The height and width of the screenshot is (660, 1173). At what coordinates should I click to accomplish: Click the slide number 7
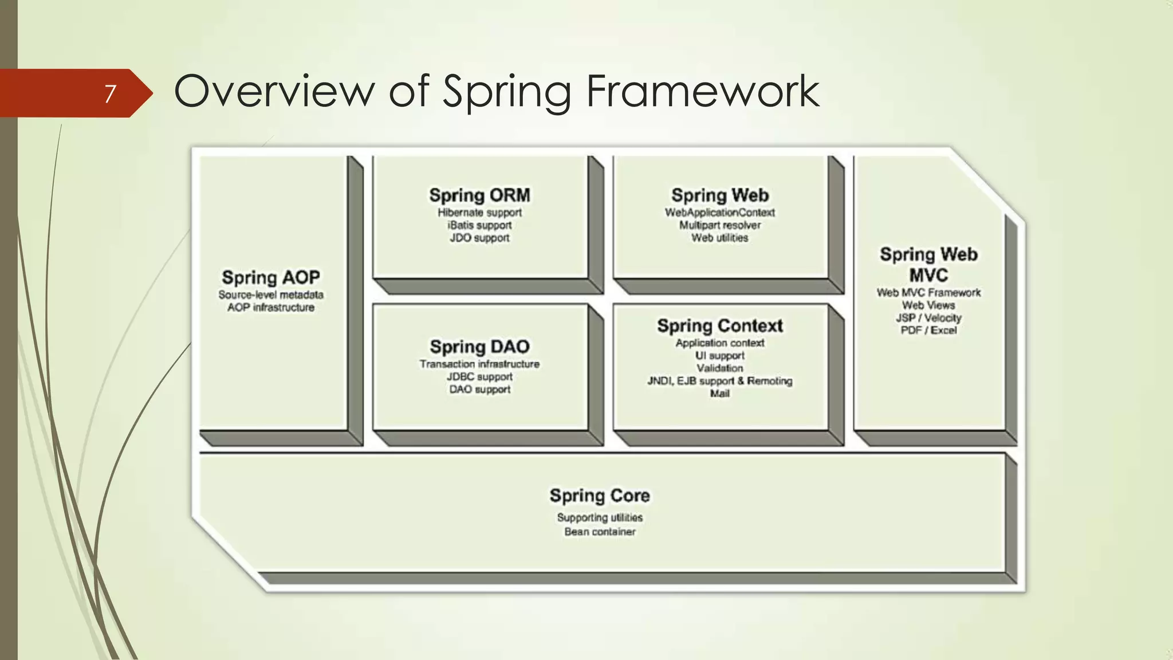[x=110, y=93]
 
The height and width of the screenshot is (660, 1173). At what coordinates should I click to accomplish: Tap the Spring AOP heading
[x=270, y=278]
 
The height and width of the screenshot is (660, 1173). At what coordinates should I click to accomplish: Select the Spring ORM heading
[x=479, y=195]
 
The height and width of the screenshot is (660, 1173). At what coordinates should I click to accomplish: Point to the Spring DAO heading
[x=479, y=347]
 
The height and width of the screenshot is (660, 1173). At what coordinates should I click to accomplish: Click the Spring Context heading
[x=719, y=326]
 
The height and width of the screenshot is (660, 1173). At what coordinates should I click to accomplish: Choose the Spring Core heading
[x=600, y=496]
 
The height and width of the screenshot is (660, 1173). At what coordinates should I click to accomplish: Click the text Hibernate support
[x=479, y=213]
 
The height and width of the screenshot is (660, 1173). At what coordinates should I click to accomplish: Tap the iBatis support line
[x=479, y=225]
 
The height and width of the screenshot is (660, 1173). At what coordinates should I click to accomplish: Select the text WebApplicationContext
[x=719, y=213]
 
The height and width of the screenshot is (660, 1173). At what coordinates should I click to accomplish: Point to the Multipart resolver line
[x=719, y=225]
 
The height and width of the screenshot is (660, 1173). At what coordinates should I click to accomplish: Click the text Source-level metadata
[x=270, y=295]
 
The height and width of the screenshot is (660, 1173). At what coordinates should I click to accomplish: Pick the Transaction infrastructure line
[x=479, y=364]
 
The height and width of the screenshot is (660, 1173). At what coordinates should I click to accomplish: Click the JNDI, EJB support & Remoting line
[x=719, y=381]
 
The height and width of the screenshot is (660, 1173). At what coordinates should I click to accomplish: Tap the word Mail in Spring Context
[x=719, y=394]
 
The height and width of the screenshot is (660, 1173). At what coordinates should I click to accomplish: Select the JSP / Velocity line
[x=928, y=318]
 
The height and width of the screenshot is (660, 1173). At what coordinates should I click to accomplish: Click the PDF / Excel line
[x=928, y=331]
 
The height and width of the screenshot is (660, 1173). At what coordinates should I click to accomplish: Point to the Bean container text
[x=600, y=532]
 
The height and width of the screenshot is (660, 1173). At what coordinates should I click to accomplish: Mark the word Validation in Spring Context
[x=719, y=368]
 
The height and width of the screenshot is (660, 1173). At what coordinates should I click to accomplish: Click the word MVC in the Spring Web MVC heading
[x=928, y=276]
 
